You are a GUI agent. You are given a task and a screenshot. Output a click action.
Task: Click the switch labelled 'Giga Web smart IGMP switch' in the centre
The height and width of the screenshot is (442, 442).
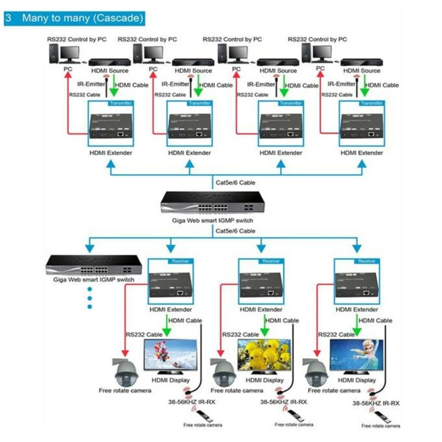coord(213,202)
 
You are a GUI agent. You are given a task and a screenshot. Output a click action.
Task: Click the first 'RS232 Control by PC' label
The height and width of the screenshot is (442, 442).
coord(77,39)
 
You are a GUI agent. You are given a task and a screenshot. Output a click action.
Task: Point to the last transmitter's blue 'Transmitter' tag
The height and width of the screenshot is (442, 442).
coord(371,103)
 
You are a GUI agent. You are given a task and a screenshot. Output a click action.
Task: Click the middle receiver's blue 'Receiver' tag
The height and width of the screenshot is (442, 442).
coord(271,261)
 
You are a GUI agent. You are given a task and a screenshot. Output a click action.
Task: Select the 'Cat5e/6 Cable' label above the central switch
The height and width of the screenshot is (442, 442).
coord(235,182)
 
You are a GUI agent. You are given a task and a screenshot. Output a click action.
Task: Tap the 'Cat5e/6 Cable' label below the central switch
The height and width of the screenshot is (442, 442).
coord(235,231)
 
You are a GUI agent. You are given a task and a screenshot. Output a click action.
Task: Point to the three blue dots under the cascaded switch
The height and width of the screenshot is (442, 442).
coord(90,297)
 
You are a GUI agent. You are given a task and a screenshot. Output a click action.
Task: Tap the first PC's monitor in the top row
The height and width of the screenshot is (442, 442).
coord(69,53)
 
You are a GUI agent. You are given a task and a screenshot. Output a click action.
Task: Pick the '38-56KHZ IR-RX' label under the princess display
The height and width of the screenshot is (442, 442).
coord(376,403)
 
